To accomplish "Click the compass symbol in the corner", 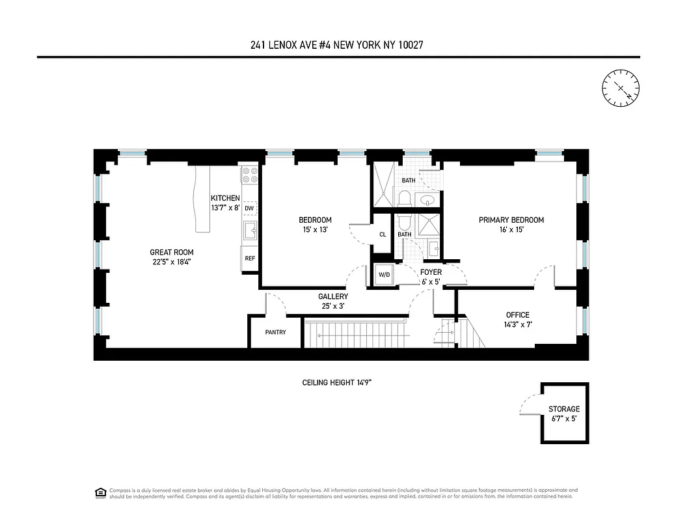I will (621, 88).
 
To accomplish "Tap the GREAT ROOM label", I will (172, 253).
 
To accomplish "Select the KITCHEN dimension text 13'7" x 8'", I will (225, 208).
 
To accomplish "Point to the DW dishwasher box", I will (249, 208).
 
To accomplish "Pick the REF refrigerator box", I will (249, 258).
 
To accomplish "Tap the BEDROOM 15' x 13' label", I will (315, 225).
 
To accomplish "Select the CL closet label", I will (383, 234).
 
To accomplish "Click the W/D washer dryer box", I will (384, 274).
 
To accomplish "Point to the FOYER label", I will (431, 272).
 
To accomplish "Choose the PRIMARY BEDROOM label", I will (511, 220).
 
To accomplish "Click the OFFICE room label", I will (518, 315).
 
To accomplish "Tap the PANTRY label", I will (276, 332).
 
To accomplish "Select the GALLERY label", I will (333, 297).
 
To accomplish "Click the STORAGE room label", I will (563, 409).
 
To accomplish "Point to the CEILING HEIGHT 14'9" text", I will (336, 382).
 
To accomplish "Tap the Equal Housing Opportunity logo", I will (100, 492).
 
